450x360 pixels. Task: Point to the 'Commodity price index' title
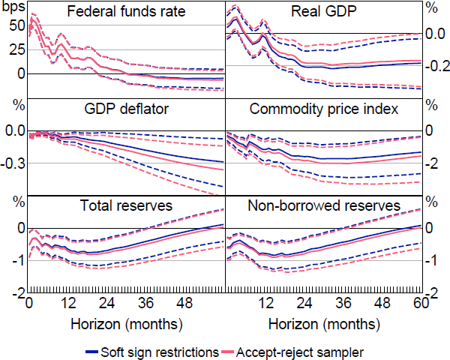[324, 109]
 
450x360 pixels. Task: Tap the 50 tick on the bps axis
[15, 25]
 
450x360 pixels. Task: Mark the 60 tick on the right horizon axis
[421, 303]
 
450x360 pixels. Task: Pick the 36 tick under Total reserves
[146, 303]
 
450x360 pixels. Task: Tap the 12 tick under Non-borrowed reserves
[264, 303]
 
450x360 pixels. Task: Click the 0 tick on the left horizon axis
[28, 303]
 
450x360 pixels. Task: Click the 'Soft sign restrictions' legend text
[159, 351]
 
